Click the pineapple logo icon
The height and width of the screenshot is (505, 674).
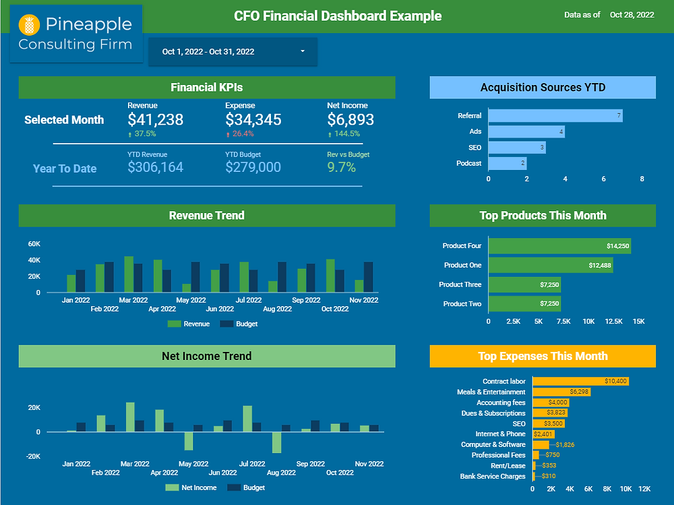point(29,26)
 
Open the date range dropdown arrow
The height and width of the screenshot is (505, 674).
point(303,51)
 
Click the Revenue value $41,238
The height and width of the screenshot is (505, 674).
point(155,120)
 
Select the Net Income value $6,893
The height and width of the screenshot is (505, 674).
point(350,120)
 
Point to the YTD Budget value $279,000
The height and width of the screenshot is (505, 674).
point(253,167)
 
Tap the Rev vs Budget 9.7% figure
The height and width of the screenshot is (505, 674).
point(341,167)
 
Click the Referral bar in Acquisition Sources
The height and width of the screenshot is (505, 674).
point(555,116)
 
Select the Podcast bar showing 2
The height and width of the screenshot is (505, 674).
point(507,163)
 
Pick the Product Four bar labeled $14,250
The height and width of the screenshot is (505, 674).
point(559,246)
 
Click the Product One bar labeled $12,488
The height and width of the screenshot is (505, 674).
point(551,266)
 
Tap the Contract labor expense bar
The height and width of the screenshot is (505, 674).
point(580,382)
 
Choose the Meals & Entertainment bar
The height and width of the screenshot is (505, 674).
point(561,392)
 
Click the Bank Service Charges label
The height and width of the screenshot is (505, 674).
point(493,477)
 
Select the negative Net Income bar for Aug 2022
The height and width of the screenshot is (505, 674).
point(276,442)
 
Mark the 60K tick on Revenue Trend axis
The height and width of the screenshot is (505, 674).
point(34,243)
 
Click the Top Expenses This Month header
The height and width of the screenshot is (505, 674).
point(543,356)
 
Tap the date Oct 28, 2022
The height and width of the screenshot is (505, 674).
point(632,14)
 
